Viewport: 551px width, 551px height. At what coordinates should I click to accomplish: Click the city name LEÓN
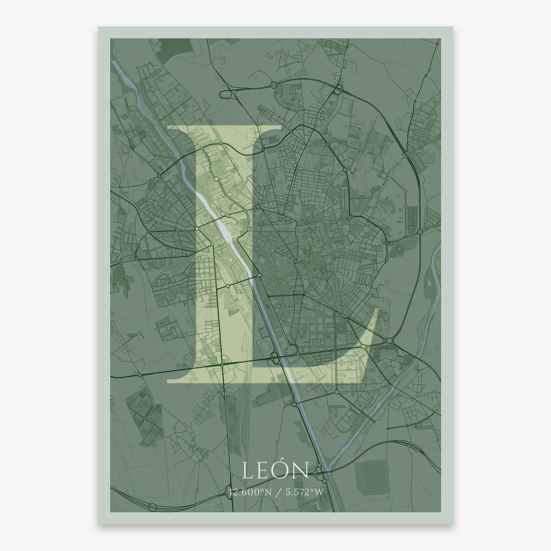275,470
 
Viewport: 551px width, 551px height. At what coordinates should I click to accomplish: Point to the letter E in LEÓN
265,471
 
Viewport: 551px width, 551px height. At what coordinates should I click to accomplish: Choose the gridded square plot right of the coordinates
373,474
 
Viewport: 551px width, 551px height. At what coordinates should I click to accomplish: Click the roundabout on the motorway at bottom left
152,507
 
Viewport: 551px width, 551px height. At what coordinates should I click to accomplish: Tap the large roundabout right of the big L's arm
390,341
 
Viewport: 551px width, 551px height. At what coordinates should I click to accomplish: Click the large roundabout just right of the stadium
292,350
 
